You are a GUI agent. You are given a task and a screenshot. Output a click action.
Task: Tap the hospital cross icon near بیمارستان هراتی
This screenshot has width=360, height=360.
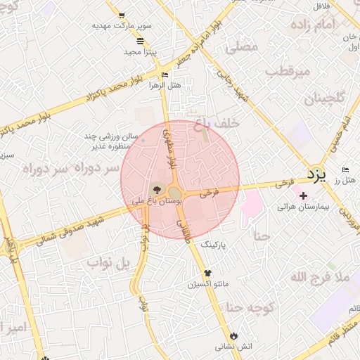coord(303,195)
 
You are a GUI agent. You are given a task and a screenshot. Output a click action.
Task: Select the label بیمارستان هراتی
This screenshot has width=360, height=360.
coord(303,207)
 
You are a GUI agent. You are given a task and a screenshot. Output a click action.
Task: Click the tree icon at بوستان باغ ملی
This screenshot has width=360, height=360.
coord(155,188)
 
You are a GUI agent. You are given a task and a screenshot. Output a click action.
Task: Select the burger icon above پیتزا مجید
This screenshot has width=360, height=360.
coord(141,41)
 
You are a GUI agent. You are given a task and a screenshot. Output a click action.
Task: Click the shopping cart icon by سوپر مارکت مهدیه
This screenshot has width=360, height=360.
coord(122,15)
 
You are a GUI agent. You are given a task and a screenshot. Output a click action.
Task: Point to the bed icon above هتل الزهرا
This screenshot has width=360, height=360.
coord(165,75)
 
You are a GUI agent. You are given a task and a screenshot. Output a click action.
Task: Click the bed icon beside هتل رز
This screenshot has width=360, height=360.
coord(345,169)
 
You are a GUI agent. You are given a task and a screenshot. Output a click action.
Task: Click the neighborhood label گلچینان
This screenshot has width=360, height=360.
coord(326,98)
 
